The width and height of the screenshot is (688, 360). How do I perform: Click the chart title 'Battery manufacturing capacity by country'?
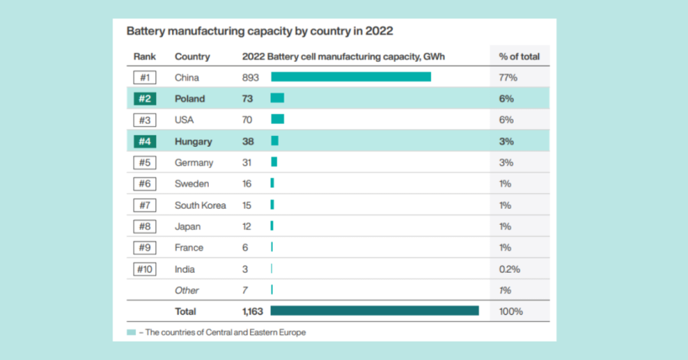(x=260, y=32)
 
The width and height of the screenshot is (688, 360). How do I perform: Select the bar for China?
(x=351, y=77)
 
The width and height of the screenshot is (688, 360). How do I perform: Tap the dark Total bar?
(x=375, y=311)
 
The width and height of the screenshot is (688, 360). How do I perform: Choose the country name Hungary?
(x=193, y=141)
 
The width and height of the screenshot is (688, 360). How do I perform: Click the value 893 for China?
(x=251, y=77)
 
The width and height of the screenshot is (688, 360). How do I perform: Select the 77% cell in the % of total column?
(x=508, y=77)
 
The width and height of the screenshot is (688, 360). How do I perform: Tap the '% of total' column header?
(x=519, y=57)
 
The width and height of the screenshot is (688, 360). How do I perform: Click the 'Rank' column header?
(x=144, y=57)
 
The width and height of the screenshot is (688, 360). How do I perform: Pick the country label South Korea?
(x=200, y=205)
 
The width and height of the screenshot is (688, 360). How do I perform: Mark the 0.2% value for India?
(x=510, y=269)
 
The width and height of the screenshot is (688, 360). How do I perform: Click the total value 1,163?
(x=252, y=311)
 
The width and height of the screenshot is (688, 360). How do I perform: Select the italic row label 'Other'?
(x=187, y=290)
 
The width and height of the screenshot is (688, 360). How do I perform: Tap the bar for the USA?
(x=277, y=120)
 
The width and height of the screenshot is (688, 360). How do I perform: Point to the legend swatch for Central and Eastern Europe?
(x=131, y=332)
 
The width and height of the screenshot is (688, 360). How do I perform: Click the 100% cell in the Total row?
(x=511, y=311)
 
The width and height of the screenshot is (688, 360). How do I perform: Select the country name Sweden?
(x=191, y=183)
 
